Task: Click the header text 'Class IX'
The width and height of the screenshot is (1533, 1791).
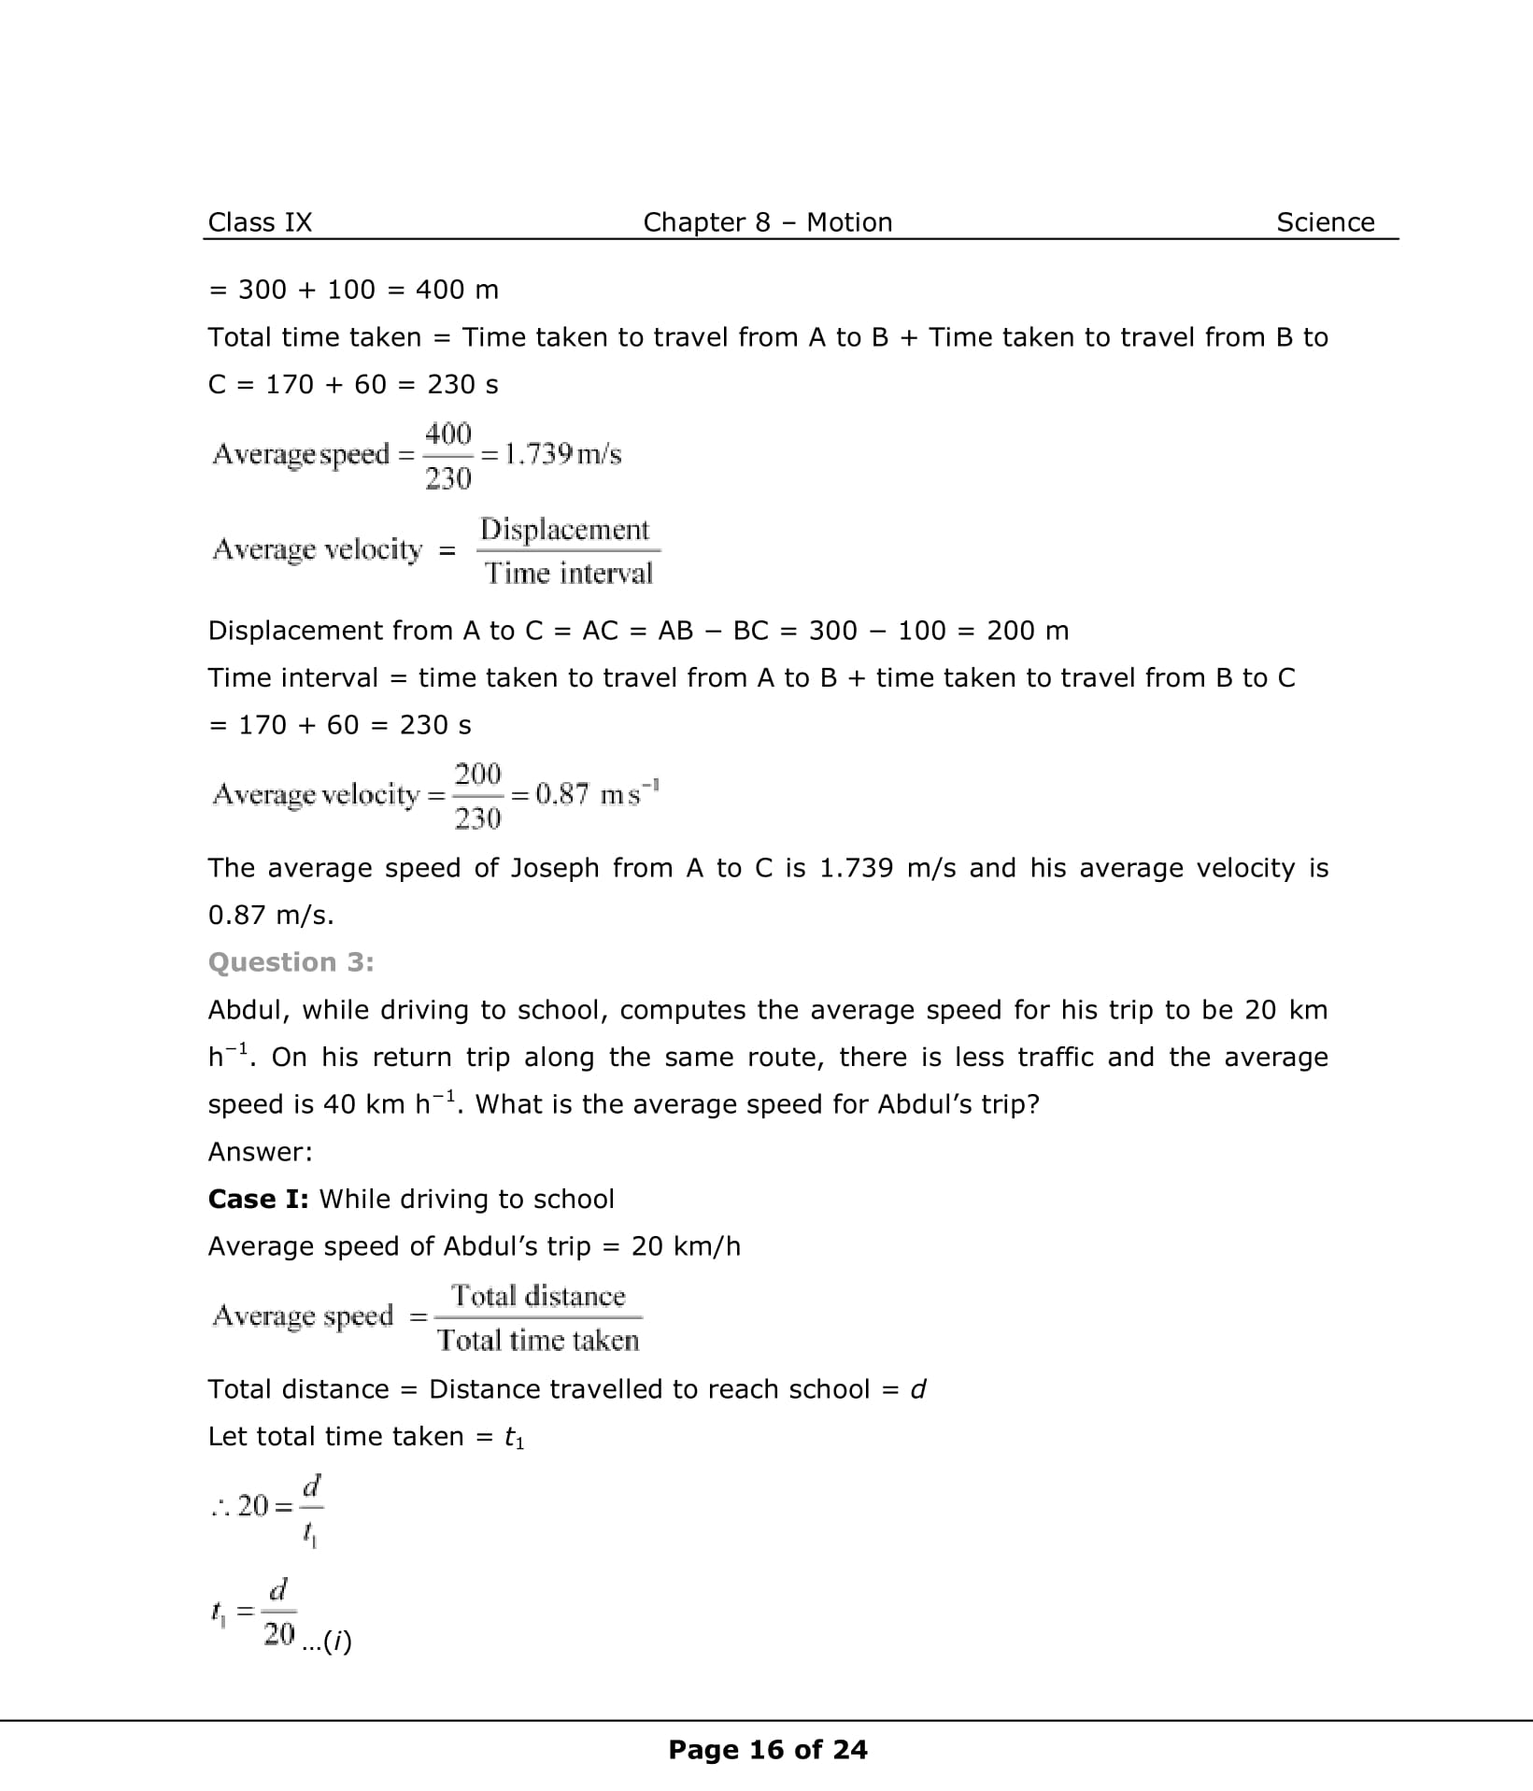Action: pos(260,222)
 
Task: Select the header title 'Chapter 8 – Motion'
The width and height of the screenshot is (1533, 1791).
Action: pos(767,222)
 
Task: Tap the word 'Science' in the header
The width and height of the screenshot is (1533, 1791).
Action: pos(1325,222)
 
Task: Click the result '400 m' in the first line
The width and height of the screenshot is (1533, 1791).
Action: pos(457,290)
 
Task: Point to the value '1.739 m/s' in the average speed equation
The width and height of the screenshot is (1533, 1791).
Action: pos(562,454)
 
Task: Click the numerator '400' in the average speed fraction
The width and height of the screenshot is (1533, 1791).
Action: pos(448,434)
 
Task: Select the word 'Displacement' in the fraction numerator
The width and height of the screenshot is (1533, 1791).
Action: pos(564,530)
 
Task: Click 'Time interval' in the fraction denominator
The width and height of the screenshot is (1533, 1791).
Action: pos(568,573)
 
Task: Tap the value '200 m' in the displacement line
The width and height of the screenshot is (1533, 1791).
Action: pos(1028,631)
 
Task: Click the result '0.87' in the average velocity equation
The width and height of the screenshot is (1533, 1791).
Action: pos(562,794)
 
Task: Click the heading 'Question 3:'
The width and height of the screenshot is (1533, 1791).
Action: pos(291,962)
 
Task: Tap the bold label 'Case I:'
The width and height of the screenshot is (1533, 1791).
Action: pos(258,1199)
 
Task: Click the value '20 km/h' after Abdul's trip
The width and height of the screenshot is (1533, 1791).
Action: pos(686,1246)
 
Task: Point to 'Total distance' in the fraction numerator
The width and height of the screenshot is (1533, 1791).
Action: pos(538,1296)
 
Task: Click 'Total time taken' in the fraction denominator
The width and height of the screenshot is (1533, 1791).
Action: pos(538,1341)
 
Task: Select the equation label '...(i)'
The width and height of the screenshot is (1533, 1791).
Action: pos(328,1642)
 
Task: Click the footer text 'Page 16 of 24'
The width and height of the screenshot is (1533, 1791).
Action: pos(768,1750)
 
